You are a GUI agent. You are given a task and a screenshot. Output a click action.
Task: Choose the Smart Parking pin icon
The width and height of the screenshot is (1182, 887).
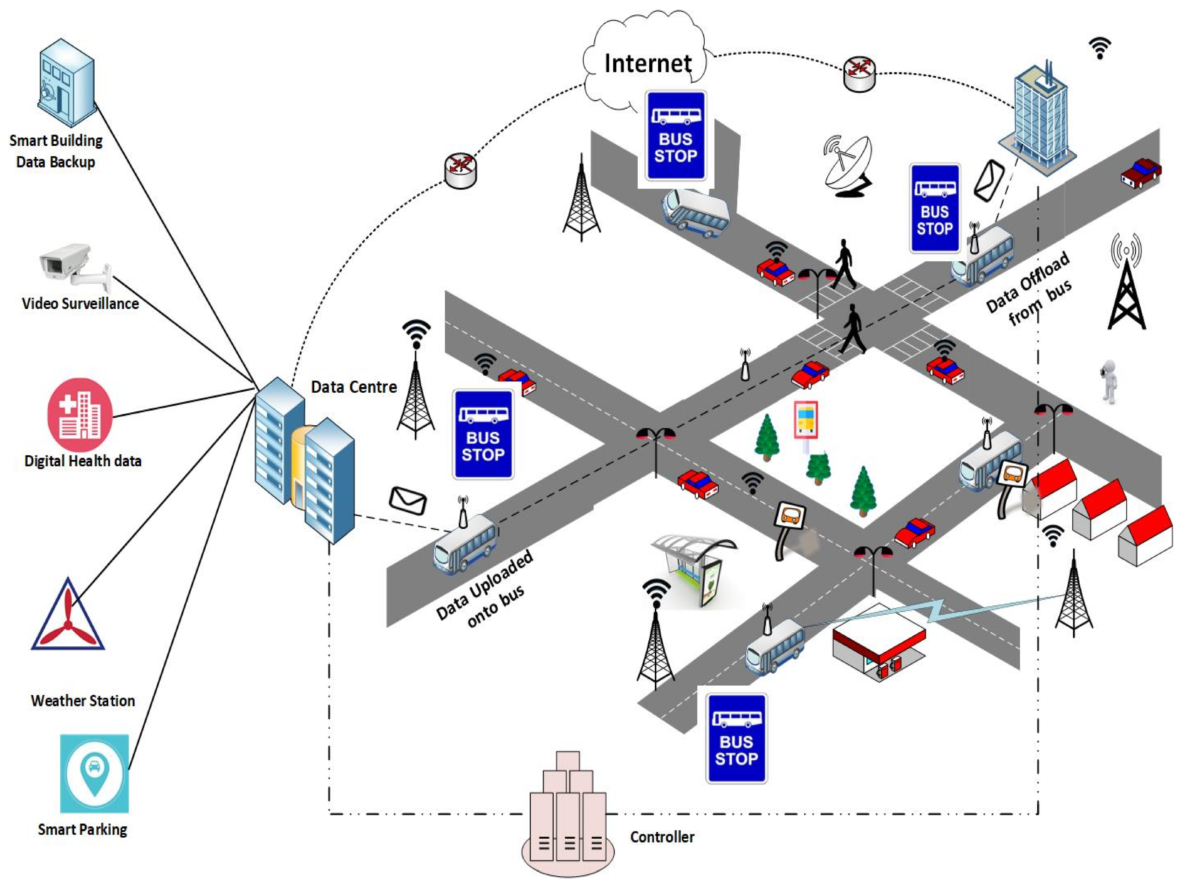point(94,773)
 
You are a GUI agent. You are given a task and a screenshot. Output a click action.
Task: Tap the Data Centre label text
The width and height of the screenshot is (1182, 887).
point(354,387)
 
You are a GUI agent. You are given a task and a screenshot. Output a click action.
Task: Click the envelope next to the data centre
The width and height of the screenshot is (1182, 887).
point(408,500)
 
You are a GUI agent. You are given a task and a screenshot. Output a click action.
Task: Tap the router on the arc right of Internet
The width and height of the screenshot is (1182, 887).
point(859,73)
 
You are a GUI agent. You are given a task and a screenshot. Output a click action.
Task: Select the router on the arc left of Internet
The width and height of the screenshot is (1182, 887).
point(460,171)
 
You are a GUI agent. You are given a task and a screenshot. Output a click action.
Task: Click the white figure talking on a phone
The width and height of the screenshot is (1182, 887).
point(1109,381)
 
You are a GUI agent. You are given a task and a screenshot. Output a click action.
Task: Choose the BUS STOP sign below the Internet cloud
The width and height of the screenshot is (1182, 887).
point(676,136)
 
